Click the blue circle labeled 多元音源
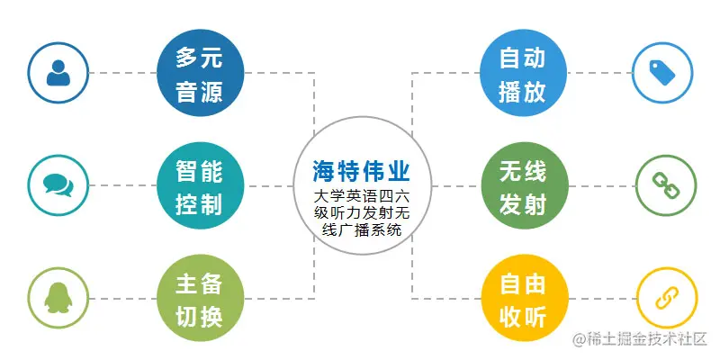click(x=198, y=75)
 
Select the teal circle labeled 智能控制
click(x=198, y=186)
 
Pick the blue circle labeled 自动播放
click(x=522, y=75)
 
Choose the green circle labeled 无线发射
click(x=522, y=186)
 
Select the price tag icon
click(x=664, y=72)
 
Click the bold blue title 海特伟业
click(x=360, y=170)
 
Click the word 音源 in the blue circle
click(x=198, y=91)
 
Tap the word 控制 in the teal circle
click(x=198, y=203)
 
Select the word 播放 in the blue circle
click(x=522, y=91)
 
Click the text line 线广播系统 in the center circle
click(x=360, y=230)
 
